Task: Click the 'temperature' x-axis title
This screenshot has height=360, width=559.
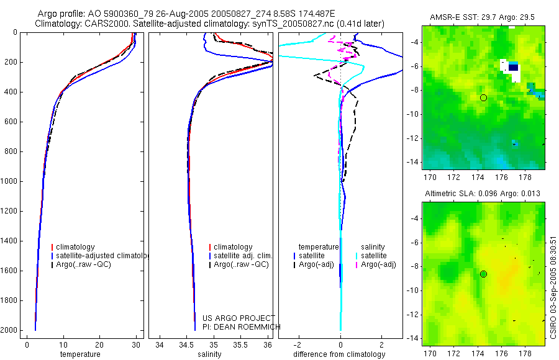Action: (x=80, y=354)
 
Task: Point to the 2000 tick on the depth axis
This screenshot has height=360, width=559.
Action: (x=11, y=330)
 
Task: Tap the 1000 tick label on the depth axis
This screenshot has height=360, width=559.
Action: (x=11, y=181)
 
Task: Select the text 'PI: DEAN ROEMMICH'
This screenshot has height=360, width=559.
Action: (x=241, y=327)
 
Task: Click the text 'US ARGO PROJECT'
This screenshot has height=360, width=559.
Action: (x=239, y=318)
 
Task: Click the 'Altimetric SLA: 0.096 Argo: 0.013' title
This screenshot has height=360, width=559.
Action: (x=483, y=194)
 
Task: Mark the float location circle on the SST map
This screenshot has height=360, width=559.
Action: (x=483, y=97)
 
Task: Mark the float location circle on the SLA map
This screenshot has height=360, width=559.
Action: (x=483, y=274)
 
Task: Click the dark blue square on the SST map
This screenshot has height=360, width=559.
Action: (x=513, y=67)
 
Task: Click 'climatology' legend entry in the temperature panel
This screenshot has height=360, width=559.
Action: (x=81, y=247)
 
